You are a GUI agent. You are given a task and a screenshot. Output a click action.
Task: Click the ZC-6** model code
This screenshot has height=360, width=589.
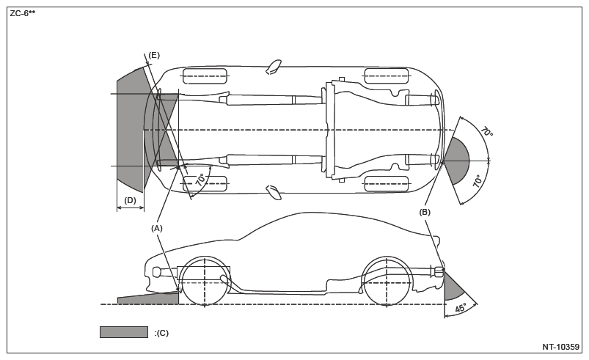point(23,14)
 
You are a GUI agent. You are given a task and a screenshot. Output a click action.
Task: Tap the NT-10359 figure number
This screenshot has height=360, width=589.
point(560,347)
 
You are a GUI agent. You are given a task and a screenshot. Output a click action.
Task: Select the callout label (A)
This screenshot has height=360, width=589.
point(157,228)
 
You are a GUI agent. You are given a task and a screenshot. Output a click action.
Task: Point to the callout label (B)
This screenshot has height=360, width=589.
point(425,213)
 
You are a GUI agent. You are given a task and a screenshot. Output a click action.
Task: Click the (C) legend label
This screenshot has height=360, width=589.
point(161,333)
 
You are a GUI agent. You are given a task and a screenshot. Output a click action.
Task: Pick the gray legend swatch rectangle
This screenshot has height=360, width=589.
point(123,332)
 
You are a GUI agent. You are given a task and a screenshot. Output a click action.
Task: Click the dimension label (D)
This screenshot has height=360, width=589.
point(130,200)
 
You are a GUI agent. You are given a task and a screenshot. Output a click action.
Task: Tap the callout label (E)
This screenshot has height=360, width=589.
point(154,56)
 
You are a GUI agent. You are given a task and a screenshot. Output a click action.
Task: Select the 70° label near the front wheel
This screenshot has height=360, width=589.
point(201,180)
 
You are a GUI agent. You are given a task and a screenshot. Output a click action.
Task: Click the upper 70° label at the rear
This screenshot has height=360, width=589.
point(486,132)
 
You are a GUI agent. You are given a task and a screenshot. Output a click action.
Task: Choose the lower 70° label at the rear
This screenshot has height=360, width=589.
point(478,181)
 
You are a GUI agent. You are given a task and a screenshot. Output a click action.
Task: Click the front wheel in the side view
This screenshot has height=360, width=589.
point(205,281)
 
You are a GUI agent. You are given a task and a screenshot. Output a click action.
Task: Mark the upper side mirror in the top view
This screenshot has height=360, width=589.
point(274,67)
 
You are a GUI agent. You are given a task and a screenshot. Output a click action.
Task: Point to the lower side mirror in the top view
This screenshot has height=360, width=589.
point(274,192)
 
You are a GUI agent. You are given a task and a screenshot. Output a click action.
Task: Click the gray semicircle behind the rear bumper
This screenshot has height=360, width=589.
point(456,161)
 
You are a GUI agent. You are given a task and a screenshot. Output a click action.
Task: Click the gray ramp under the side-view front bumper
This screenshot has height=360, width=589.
point(149,298)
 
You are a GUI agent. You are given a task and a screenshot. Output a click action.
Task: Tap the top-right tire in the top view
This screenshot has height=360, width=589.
point(386,76)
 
